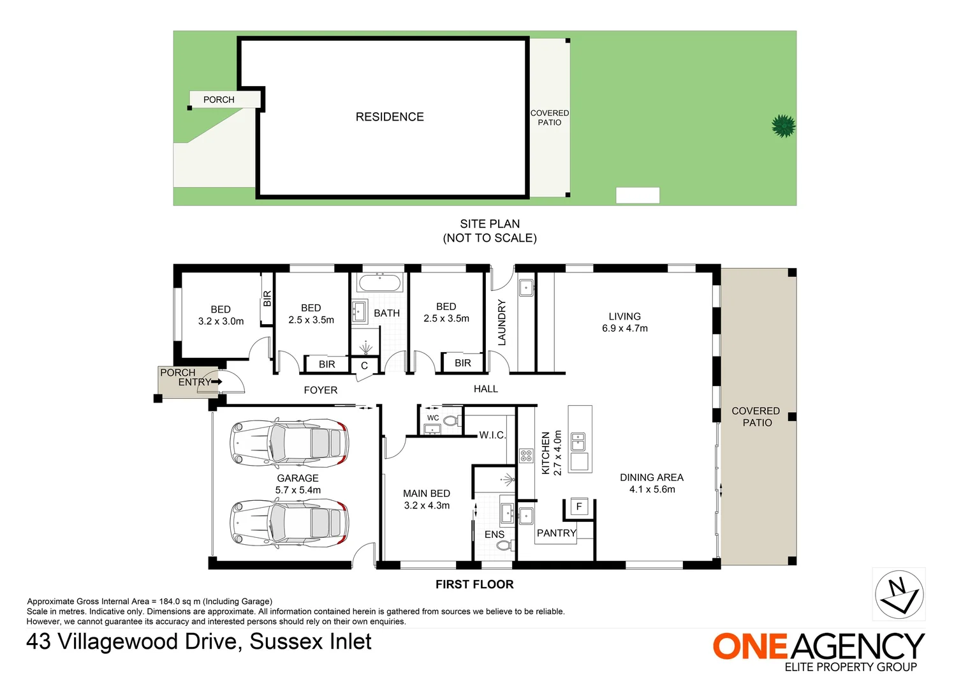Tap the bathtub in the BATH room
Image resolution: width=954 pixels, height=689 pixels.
pos(379,283)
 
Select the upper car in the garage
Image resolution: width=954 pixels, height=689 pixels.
pos(289,443)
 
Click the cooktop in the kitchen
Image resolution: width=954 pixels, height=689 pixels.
pos(526,456)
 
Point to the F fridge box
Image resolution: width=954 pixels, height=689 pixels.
pos(579,507)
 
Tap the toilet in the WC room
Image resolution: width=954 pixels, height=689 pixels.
pos(451,421)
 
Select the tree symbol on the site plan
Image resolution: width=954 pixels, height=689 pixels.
pos(783,126)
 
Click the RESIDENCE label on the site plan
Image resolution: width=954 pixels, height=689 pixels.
pos(390,117)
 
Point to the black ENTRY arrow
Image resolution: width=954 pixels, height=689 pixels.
pos(217,382)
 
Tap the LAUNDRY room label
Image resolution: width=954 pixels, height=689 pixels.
pos(502,322)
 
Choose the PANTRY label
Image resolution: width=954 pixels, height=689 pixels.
pos(556,533)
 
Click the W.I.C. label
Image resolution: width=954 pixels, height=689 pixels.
pos(492,435)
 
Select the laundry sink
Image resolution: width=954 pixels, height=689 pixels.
pos(526,288)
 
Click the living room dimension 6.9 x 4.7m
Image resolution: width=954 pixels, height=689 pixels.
pos(625,329)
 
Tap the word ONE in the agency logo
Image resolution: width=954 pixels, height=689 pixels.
pos(750,647)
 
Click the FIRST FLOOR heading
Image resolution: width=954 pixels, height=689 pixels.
pos(474,584)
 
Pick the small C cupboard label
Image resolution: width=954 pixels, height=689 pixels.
pos(365,366)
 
